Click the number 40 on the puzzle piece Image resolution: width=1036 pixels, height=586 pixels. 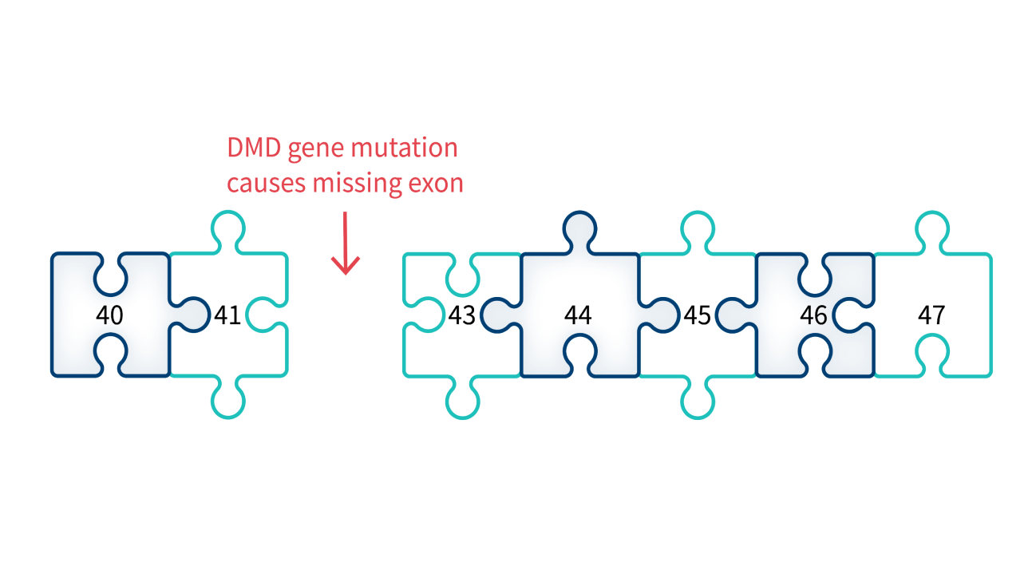pyautogui.click(x=109, y=315)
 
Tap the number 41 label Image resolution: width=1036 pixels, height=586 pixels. pyautogui.click(x=227, y=315)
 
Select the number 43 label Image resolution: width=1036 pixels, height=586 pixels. pyautogui.click(x=462, y=315)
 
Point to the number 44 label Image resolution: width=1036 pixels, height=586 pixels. pyautogui.click(x=578, y=315)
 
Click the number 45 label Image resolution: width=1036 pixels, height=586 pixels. pyautogui.click(x=698, y=315)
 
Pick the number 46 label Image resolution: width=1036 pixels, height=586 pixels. pyautogui.click(x=813, y=315)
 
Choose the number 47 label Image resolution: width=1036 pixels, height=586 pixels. pyautogui.click(x=931, y=315)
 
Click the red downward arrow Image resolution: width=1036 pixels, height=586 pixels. pyautogui.click(x=345, y=243)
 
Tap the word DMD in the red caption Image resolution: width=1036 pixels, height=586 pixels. pyautogui.click(x=254, y=148)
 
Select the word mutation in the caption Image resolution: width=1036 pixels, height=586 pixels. pyautogui.click(x=404, y=148)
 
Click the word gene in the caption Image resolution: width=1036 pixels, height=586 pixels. pyautogui.click(x=316, y=150)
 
